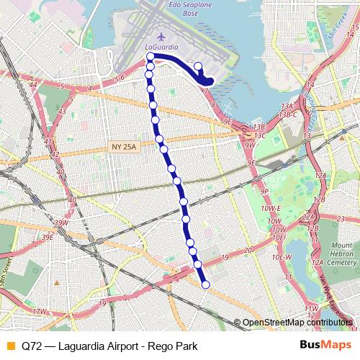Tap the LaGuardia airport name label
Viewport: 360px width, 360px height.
(160, 48)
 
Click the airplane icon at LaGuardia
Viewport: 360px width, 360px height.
(160, 35)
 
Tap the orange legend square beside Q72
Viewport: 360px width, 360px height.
(9, 345)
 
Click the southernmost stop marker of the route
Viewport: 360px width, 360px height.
(205, 285)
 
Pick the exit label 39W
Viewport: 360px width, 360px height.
(60, 222)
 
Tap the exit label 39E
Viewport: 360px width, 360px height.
(48, 236)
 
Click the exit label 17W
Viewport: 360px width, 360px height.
(39, 311)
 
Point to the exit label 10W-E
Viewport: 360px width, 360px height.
(271, 209)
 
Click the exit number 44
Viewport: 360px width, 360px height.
(33, 85)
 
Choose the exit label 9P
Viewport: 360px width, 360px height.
(264, 192)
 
